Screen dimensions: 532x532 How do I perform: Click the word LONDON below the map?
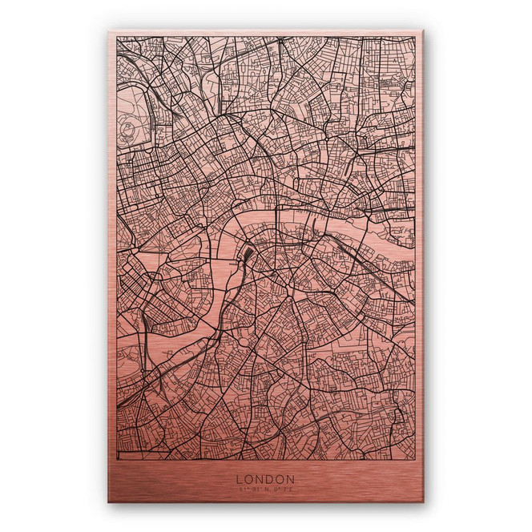pos(265,479)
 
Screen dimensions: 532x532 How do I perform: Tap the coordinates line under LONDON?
pos(265,489)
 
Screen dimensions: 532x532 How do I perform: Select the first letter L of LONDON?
pos(240,479)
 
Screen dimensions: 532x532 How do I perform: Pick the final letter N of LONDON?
pos(291,479)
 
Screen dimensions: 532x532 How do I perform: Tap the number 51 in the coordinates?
pos(240,489)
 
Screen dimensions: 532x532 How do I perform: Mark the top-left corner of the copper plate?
pos(109,33)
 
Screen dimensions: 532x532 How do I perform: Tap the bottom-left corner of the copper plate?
pos(109,502)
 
